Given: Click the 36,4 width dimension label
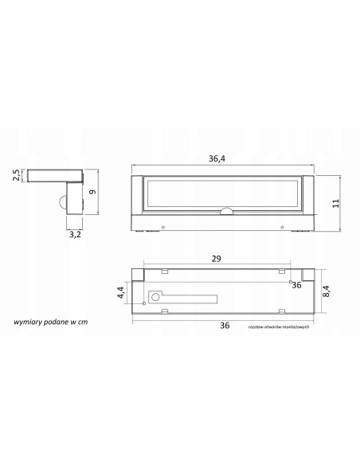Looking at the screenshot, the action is point(217,158).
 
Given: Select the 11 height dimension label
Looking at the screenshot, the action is point(335,204).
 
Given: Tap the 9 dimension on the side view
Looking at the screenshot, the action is point(93,192).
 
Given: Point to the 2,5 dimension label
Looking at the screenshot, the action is point(16,175).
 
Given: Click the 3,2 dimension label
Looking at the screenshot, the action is point(75,235).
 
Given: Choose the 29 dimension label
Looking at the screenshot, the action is point(216,259).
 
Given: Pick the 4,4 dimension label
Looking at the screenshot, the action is point(120,292).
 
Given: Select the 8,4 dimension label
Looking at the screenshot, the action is point(326,291).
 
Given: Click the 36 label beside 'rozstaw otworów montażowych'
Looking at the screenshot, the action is point(225,326).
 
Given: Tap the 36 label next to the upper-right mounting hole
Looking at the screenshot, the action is point(296,285).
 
